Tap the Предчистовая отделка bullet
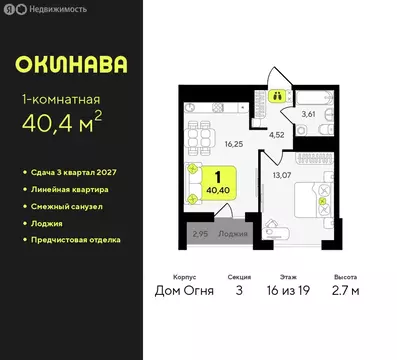79,240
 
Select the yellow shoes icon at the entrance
278,97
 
